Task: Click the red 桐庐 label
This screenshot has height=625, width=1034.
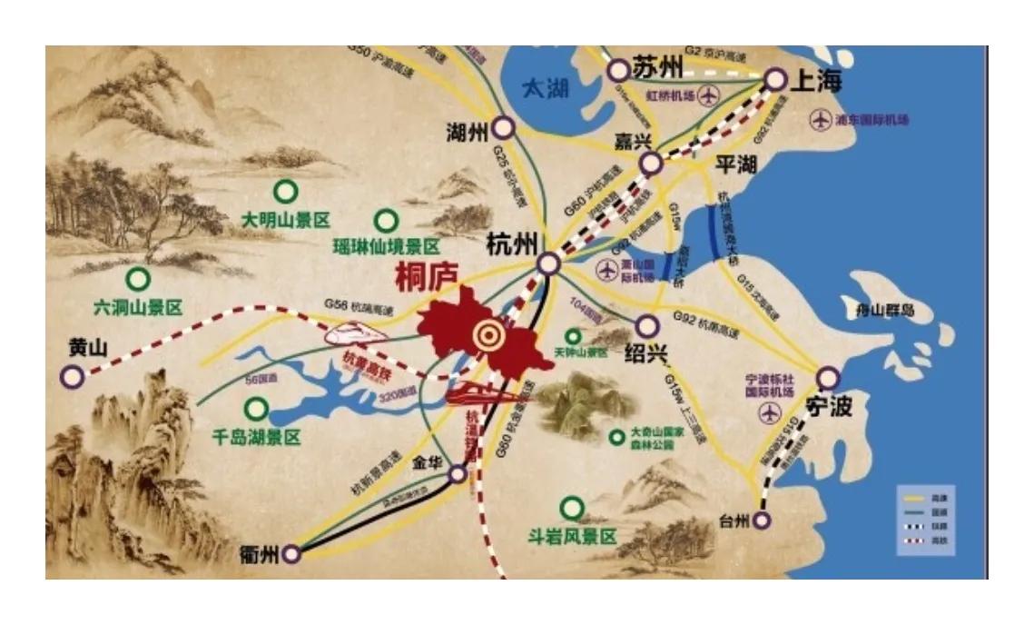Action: click(428, 275)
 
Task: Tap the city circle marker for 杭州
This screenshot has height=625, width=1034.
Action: click(547, 263)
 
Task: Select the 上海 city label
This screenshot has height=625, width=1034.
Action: click(817, 81)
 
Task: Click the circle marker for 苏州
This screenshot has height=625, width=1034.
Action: click(618, 69)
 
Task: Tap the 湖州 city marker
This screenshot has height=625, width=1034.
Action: click(504, 128)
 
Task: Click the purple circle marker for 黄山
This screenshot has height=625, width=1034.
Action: click(72, 375)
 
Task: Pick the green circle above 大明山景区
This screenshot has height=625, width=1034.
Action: click(286, 192)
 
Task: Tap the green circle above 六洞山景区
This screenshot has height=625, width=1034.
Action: click(137, 279)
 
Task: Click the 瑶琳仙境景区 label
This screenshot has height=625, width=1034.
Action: click(386, 247)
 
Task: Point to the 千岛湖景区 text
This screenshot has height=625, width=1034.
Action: click(257, 437)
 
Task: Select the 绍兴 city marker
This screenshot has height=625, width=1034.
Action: click(646, 325)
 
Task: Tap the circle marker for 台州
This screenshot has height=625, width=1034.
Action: click(761, 521)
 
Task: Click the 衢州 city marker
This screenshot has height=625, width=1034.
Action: click(291, 553)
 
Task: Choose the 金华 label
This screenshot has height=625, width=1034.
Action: click(427, 461)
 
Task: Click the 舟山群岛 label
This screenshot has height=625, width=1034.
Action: click(885, 311)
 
